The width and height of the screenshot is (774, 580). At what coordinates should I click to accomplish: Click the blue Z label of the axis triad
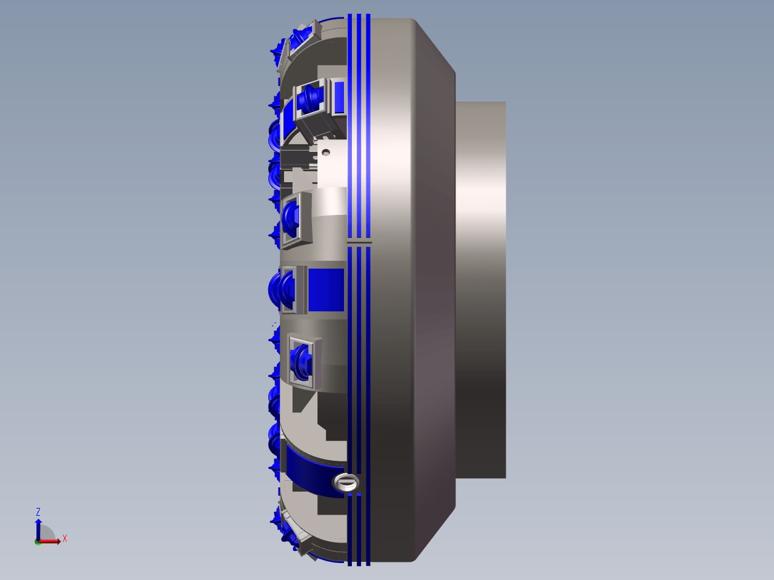pyautogui.click(x=38, y=512)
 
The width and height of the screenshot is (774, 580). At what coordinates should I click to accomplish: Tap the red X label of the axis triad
pyautogui.click(x=65, y=538)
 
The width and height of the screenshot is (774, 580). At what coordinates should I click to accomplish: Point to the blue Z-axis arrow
pyautogui.click(x=38, y=529)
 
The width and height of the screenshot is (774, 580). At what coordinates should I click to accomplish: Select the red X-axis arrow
pyautogui.click(x=50, y=541)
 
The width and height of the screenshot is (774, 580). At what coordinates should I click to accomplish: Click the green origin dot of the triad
pyautogui.click(x=38, y=542)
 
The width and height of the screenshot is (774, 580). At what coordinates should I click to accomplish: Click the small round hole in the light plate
pyautogui.click(x=326, y=153)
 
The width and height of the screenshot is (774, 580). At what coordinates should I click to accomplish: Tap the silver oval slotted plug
pyautogui.click(x=346, y=482)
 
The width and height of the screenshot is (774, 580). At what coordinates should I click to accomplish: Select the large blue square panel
pyautogui.click(x=326, y=290)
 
